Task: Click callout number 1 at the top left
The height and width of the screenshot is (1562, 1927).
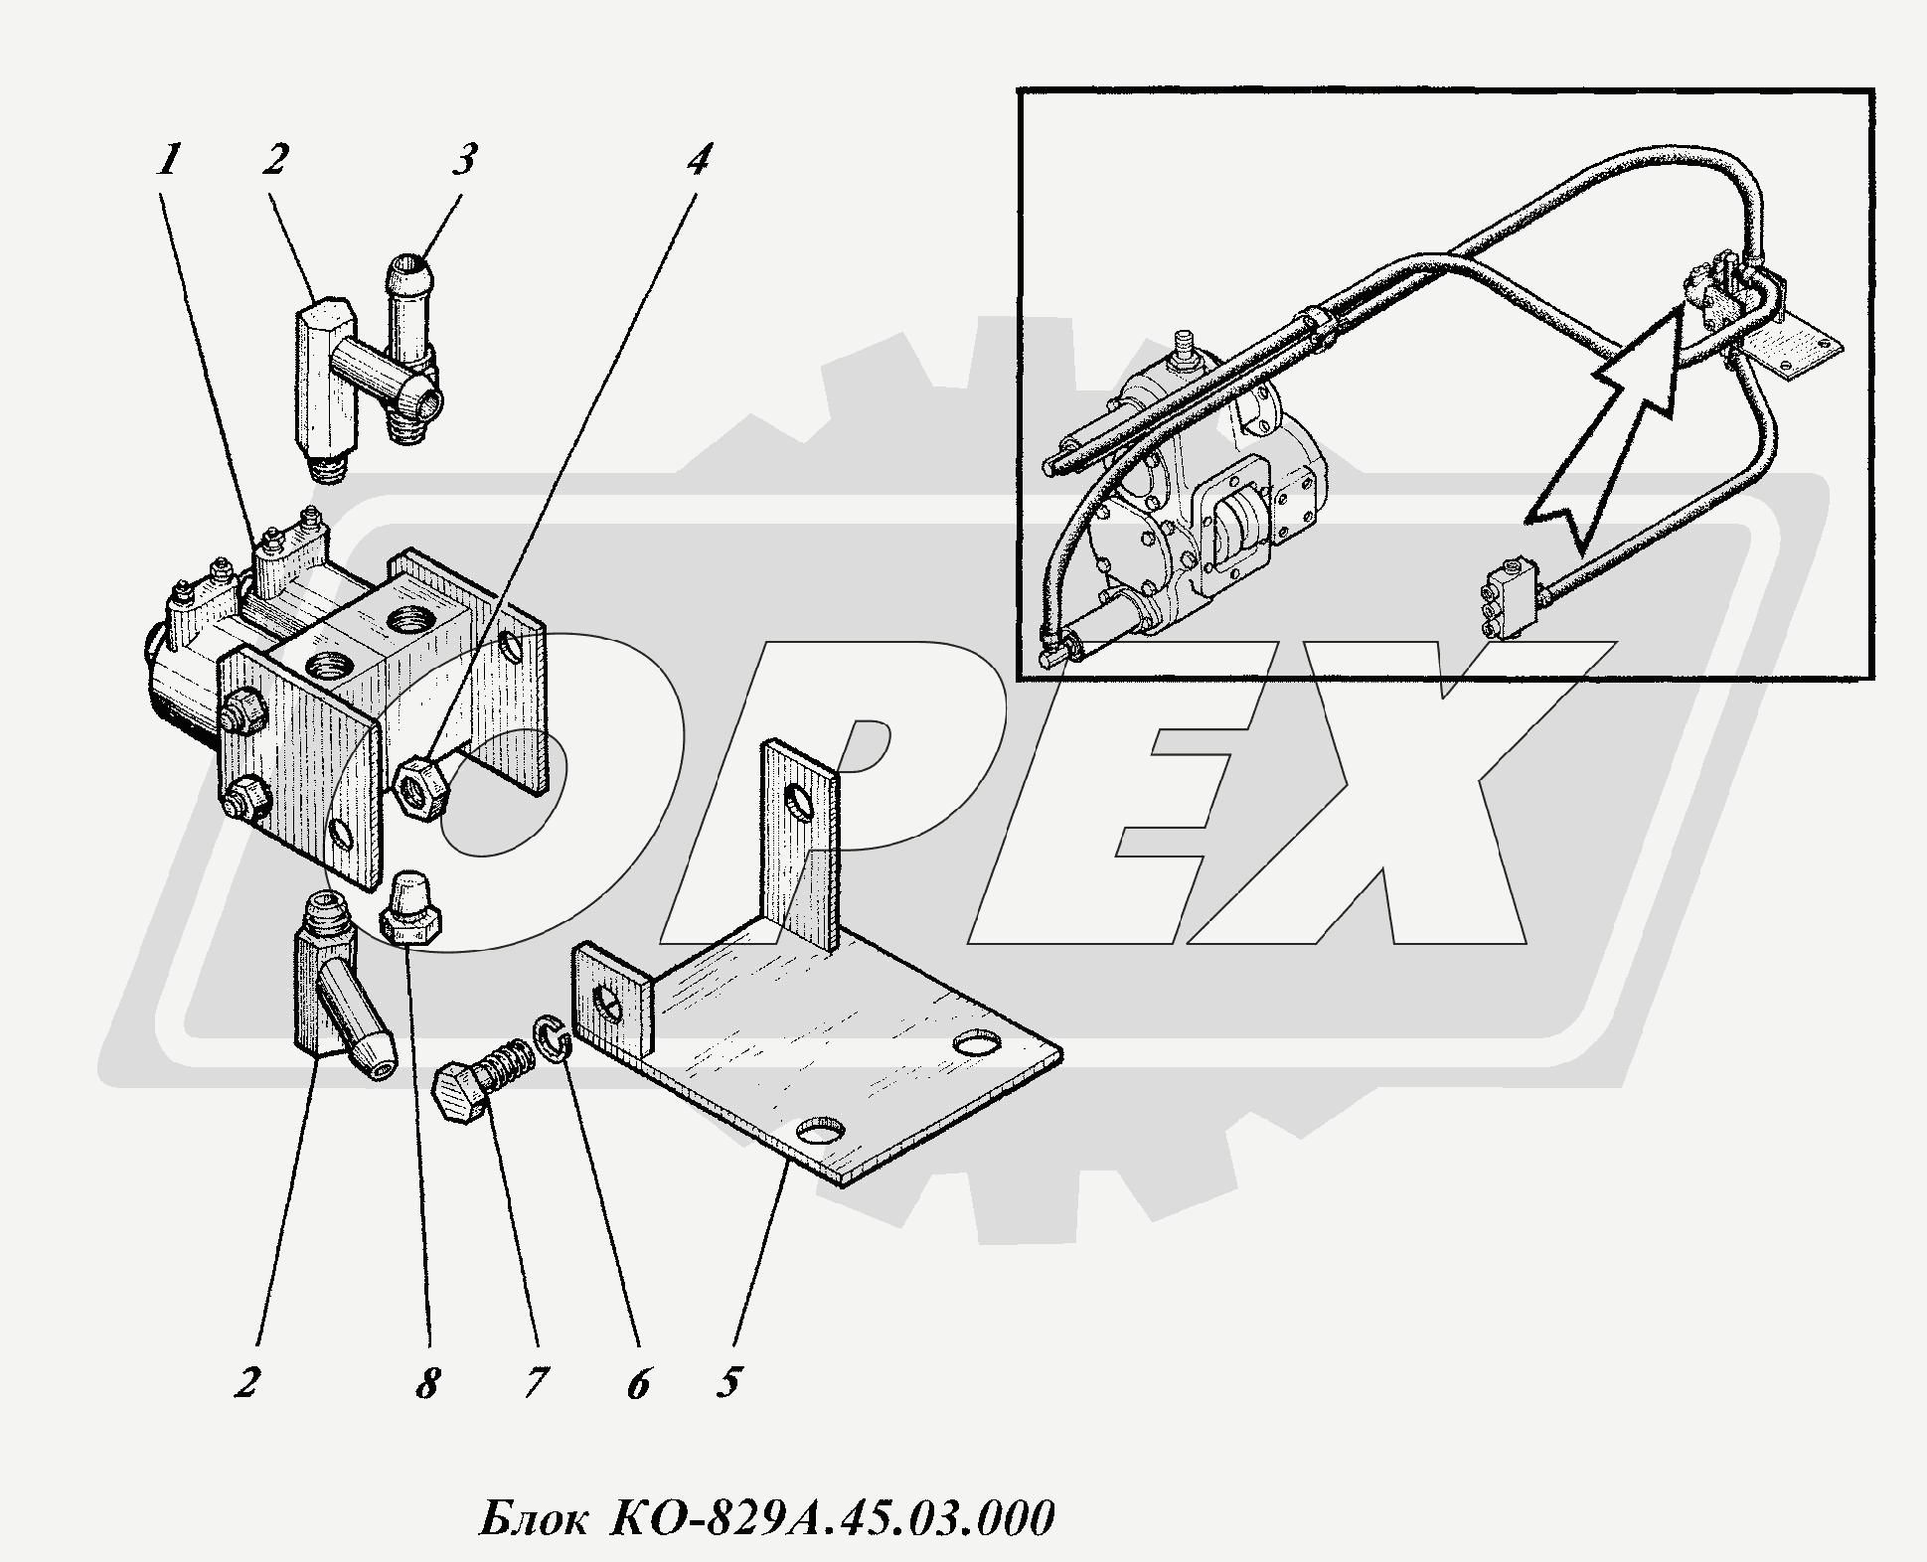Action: point(170,159)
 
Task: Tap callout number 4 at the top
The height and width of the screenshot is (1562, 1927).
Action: point(698,159)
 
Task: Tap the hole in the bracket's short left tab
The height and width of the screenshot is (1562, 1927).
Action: point(607,1005)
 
